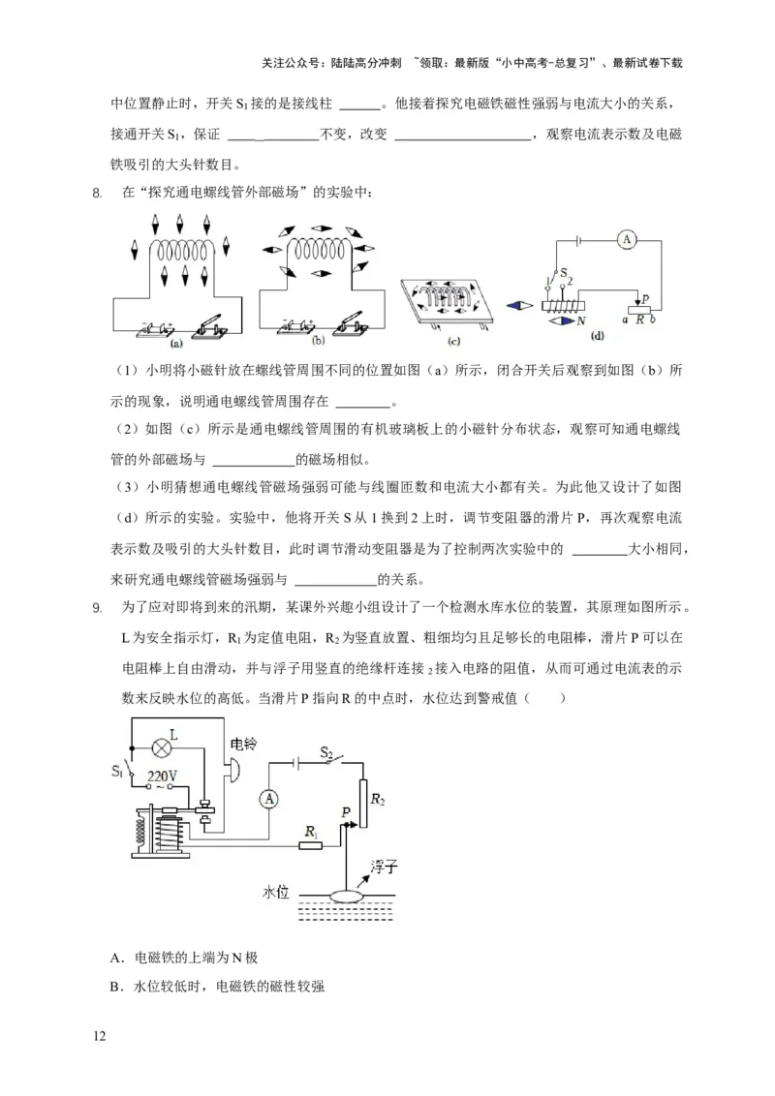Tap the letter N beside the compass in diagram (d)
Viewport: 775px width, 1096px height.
(581, 320)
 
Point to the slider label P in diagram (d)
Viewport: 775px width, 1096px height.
(645, 300)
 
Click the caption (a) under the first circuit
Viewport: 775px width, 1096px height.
(176, 343)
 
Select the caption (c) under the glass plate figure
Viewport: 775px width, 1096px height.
(453, 341)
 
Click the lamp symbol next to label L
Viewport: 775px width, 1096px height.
(161, 746)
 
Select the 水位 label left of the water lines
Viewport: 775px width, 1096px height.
(276, 891)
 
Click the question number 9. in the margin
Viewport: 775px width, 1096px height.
(96, 608)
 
